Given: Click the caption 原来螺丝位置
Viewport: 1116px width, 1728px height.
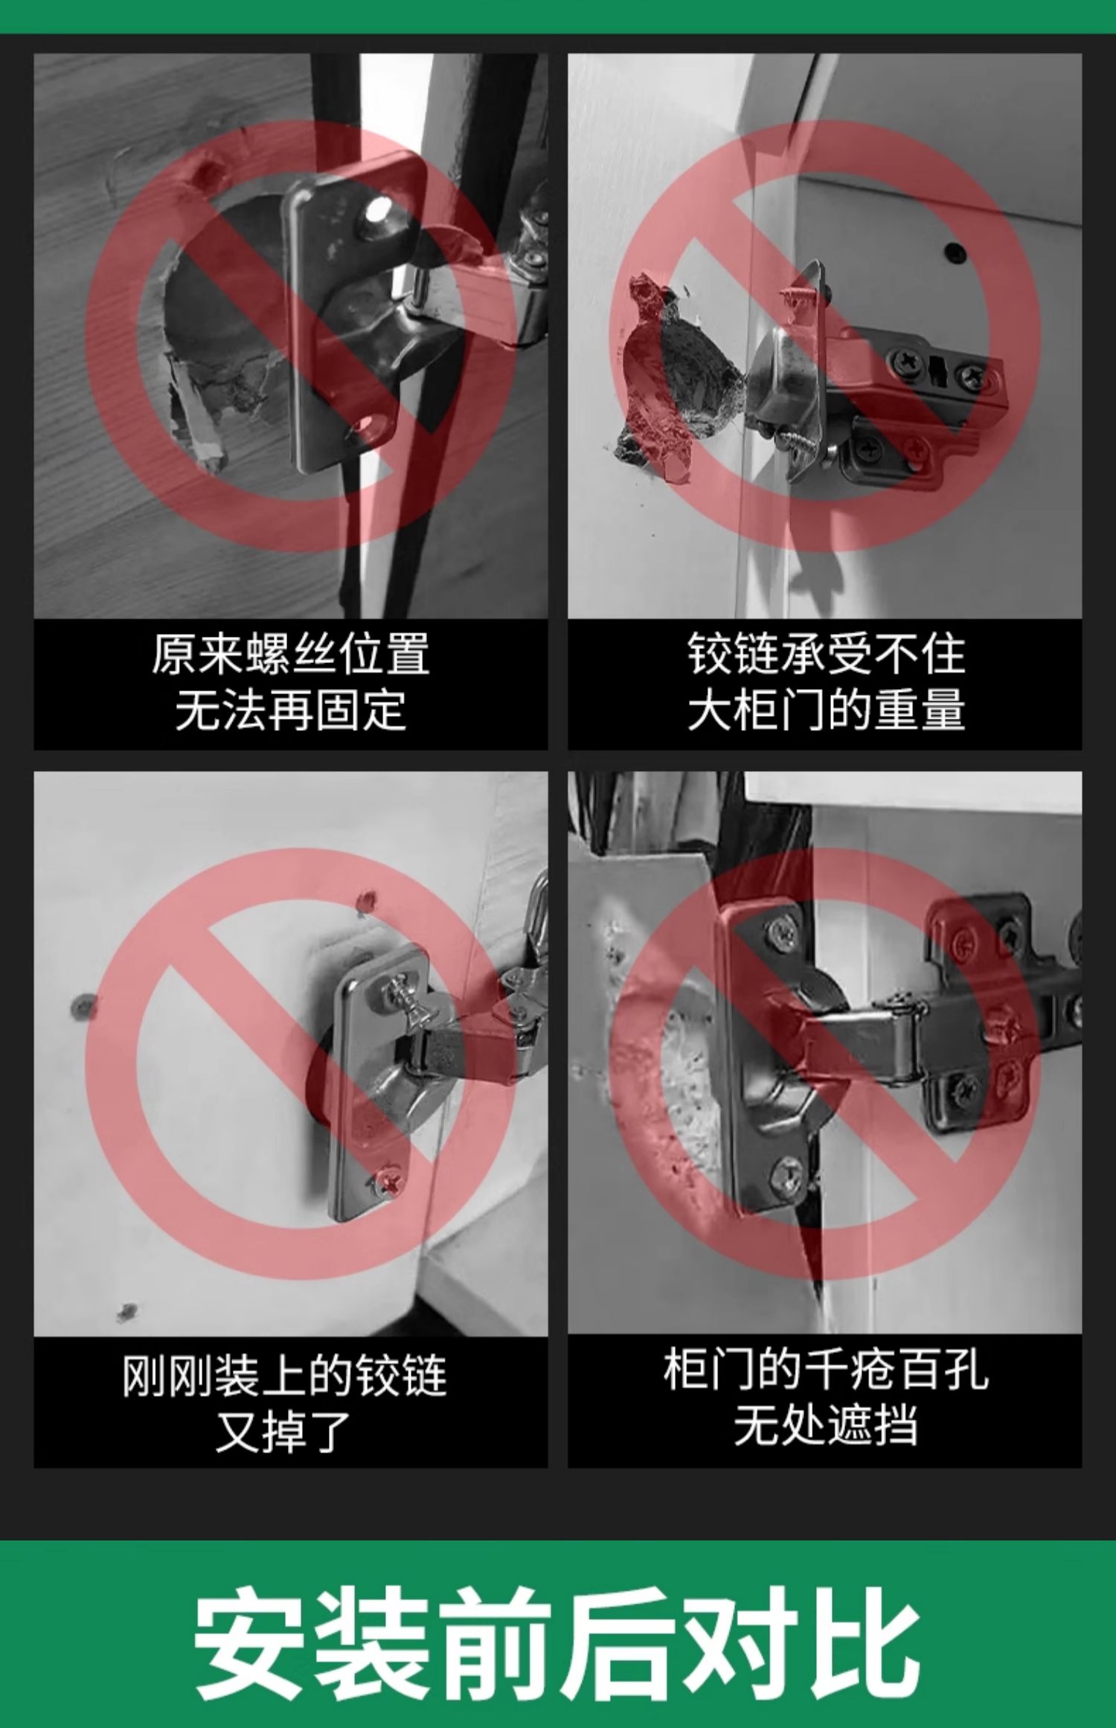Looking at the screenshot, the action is [291, 654].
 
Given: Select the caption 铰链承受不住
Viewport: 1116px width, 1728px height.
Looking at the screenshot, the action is [826, 654].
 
